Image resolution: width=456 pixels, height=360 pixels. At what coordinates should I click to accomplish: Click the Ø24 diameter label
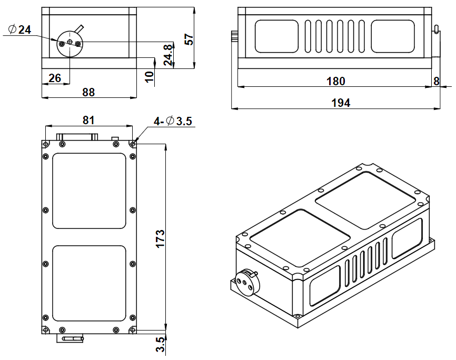pyautogui.click(x=21, y=30)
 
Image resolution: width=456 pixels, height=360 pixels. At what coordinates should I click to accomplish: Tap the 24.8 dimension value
pyautogui.click(x=167, y=54)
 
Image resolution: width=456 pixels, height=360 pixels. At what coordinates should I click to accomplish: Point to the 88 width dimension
pyautogui.click(x=88, y=92)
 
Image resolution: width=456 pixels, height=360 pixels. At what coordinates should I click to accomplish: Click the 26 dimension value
pyautogui.click(x=54, y=78)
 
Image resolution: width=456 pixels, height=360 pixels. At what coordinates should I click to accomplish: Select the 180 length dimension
pyautogui.click(x=335, y=81)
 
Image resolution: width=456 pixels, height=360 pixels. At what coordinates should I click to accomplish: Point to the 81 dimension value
pyautogui.click(x=88, y=120)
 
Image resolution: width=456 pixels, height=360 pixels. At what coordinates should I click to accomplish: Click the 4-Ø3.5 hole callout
pyautogui.click(x=173, y=121)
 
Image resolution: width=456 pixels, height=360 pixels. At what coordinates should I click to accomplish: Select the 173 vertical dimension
pyautogui.click(x=161, y=238)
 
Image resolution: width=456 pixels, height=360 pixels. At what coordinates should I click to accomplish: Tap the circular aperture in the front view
pyautogui.click(x=70, y=43)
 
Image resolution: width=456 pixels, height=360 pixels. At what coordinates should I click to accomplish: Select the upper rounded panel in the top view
pyautogui.click(x=90, y=191)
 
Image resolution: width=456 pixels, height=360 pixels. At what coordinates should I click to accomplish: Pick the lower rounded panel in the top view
pyautogui.click(x=90, y=284)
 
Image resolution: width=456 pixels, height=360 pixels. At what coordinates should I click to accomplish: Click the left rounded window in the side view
pyautogui.click(x=276, y=37)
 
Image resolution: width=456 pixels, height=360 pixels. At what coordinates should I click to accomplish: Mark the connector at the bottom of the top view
pyautogui.click(x=71, y=338)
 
